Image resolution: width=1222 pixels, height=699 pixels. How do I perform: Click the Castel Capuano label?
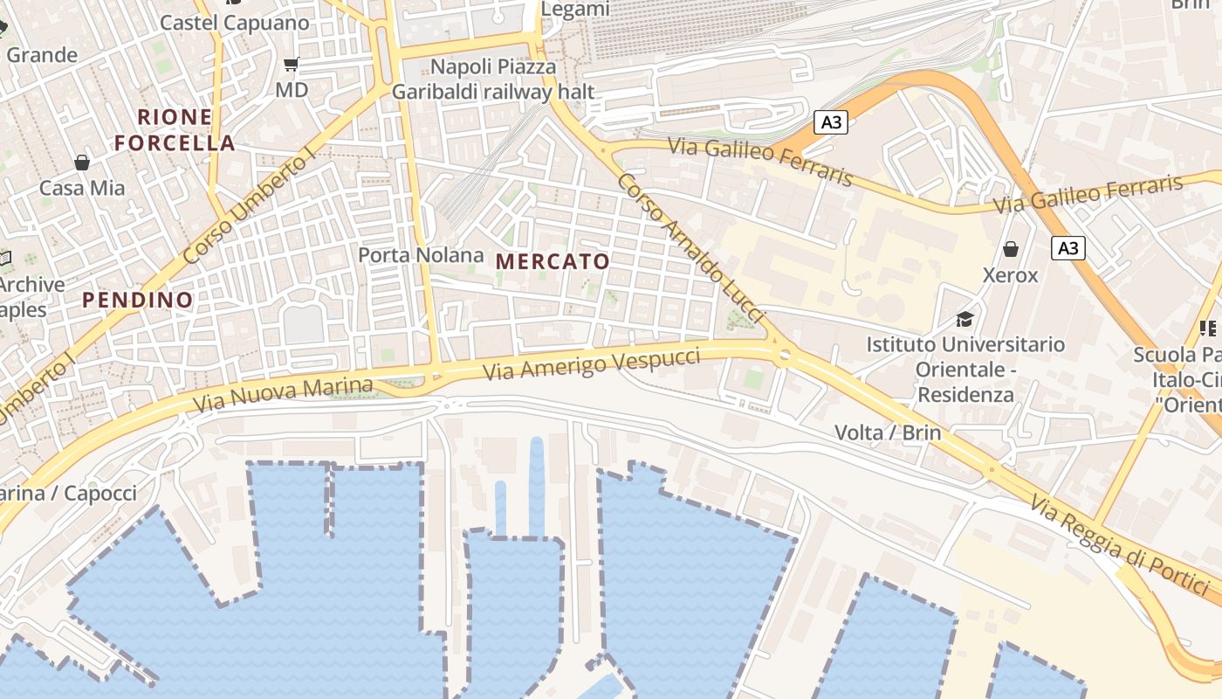tap(234, 23)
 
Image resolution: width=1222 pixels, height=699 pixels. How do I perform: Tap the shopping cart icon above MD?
tap(292, 64)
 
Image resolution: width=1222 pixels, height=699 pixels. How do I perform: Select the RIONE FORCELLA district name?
tap(175, 129)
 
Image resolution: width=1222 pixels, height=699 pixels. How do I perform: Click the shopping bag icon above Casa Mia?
tap(82, 162)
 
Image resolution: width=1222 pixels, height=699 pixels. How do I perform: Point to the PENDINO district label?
tap(138, 300)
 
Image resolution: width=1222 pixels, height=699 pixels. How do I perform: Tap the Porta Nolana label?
tap(421, 255)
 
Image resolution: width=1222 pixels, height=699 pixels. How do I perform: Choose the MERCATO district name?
tap(553, 260)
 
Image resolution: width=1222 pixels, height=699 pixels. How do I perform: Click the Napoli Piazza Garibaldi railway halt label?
tap(493, 79)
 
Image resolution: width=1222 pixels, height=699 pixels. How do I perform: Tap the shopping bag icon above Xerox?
tap(1011, 249)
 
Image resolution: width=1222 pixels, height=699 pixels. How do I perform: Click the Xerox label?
tap(1011, 275)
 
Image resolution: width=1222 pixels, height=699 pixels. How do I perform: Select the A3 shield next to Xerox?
tap(1068, 248)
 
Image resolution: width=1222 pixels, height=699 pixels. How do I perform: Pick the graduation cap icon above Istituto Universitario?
tap(965, 318)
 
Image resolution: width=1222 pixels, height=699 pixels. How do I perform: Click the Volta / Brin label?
tap(888, 432)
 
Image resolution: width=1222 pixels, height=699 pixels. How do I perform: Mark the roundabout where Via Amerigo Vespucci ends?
tap(784, 355)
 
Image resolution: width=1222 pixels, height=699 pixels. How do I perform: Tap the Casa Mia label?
tap(82, 188)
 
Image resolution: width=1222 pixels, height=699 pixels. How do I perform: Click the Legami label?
tap(575, 9)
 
